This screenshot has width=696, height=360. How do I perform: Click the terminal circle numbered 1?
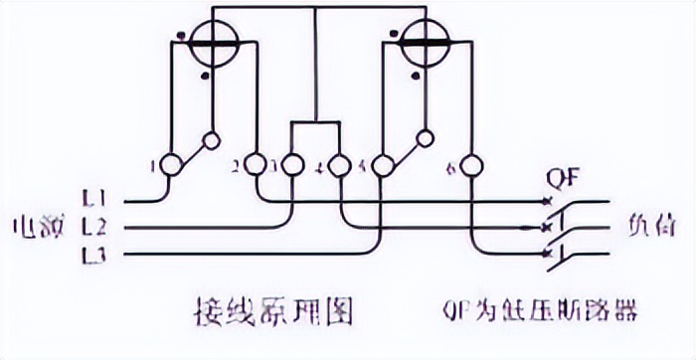point(170,164)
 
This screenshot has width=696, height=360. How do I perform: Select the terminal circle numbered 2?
point(255,164)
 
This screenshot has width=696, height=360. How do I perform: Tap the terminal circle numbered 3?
point(292,164)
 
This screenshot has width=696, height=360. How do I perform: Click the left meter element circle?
point(211,41)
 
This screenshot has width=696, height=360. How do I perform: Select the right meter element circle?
point(420,40)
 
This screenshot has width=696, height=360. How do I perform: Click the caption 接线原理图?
point(269,314)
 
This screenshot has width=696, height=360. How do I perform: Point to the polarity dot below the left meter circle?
point(203,73)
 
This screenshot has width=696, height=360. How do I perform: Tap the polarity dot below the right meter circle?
point(413,73)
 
